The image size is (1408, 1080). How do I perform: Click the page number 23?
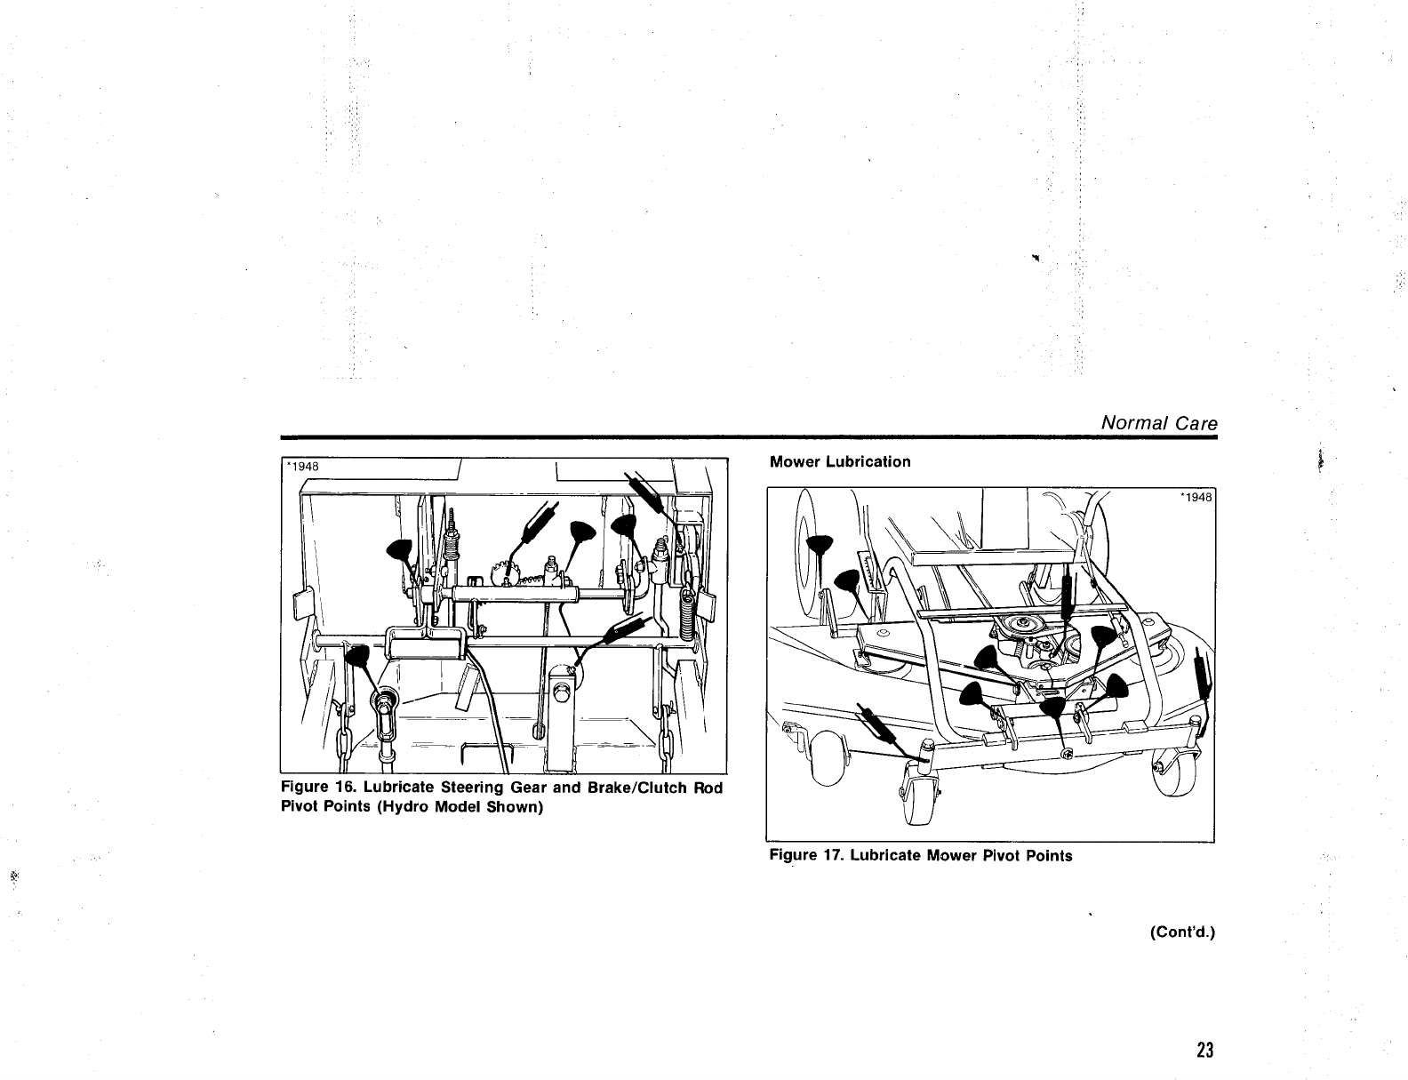coord(1204,1050)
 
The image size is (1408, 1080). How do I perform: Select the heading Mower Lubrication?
coord(840,461)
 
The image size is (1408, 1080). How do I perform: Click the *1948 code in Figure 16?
coord(302,466)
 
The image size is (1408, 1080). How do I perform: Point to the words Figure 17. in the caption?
coord(806,855)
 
